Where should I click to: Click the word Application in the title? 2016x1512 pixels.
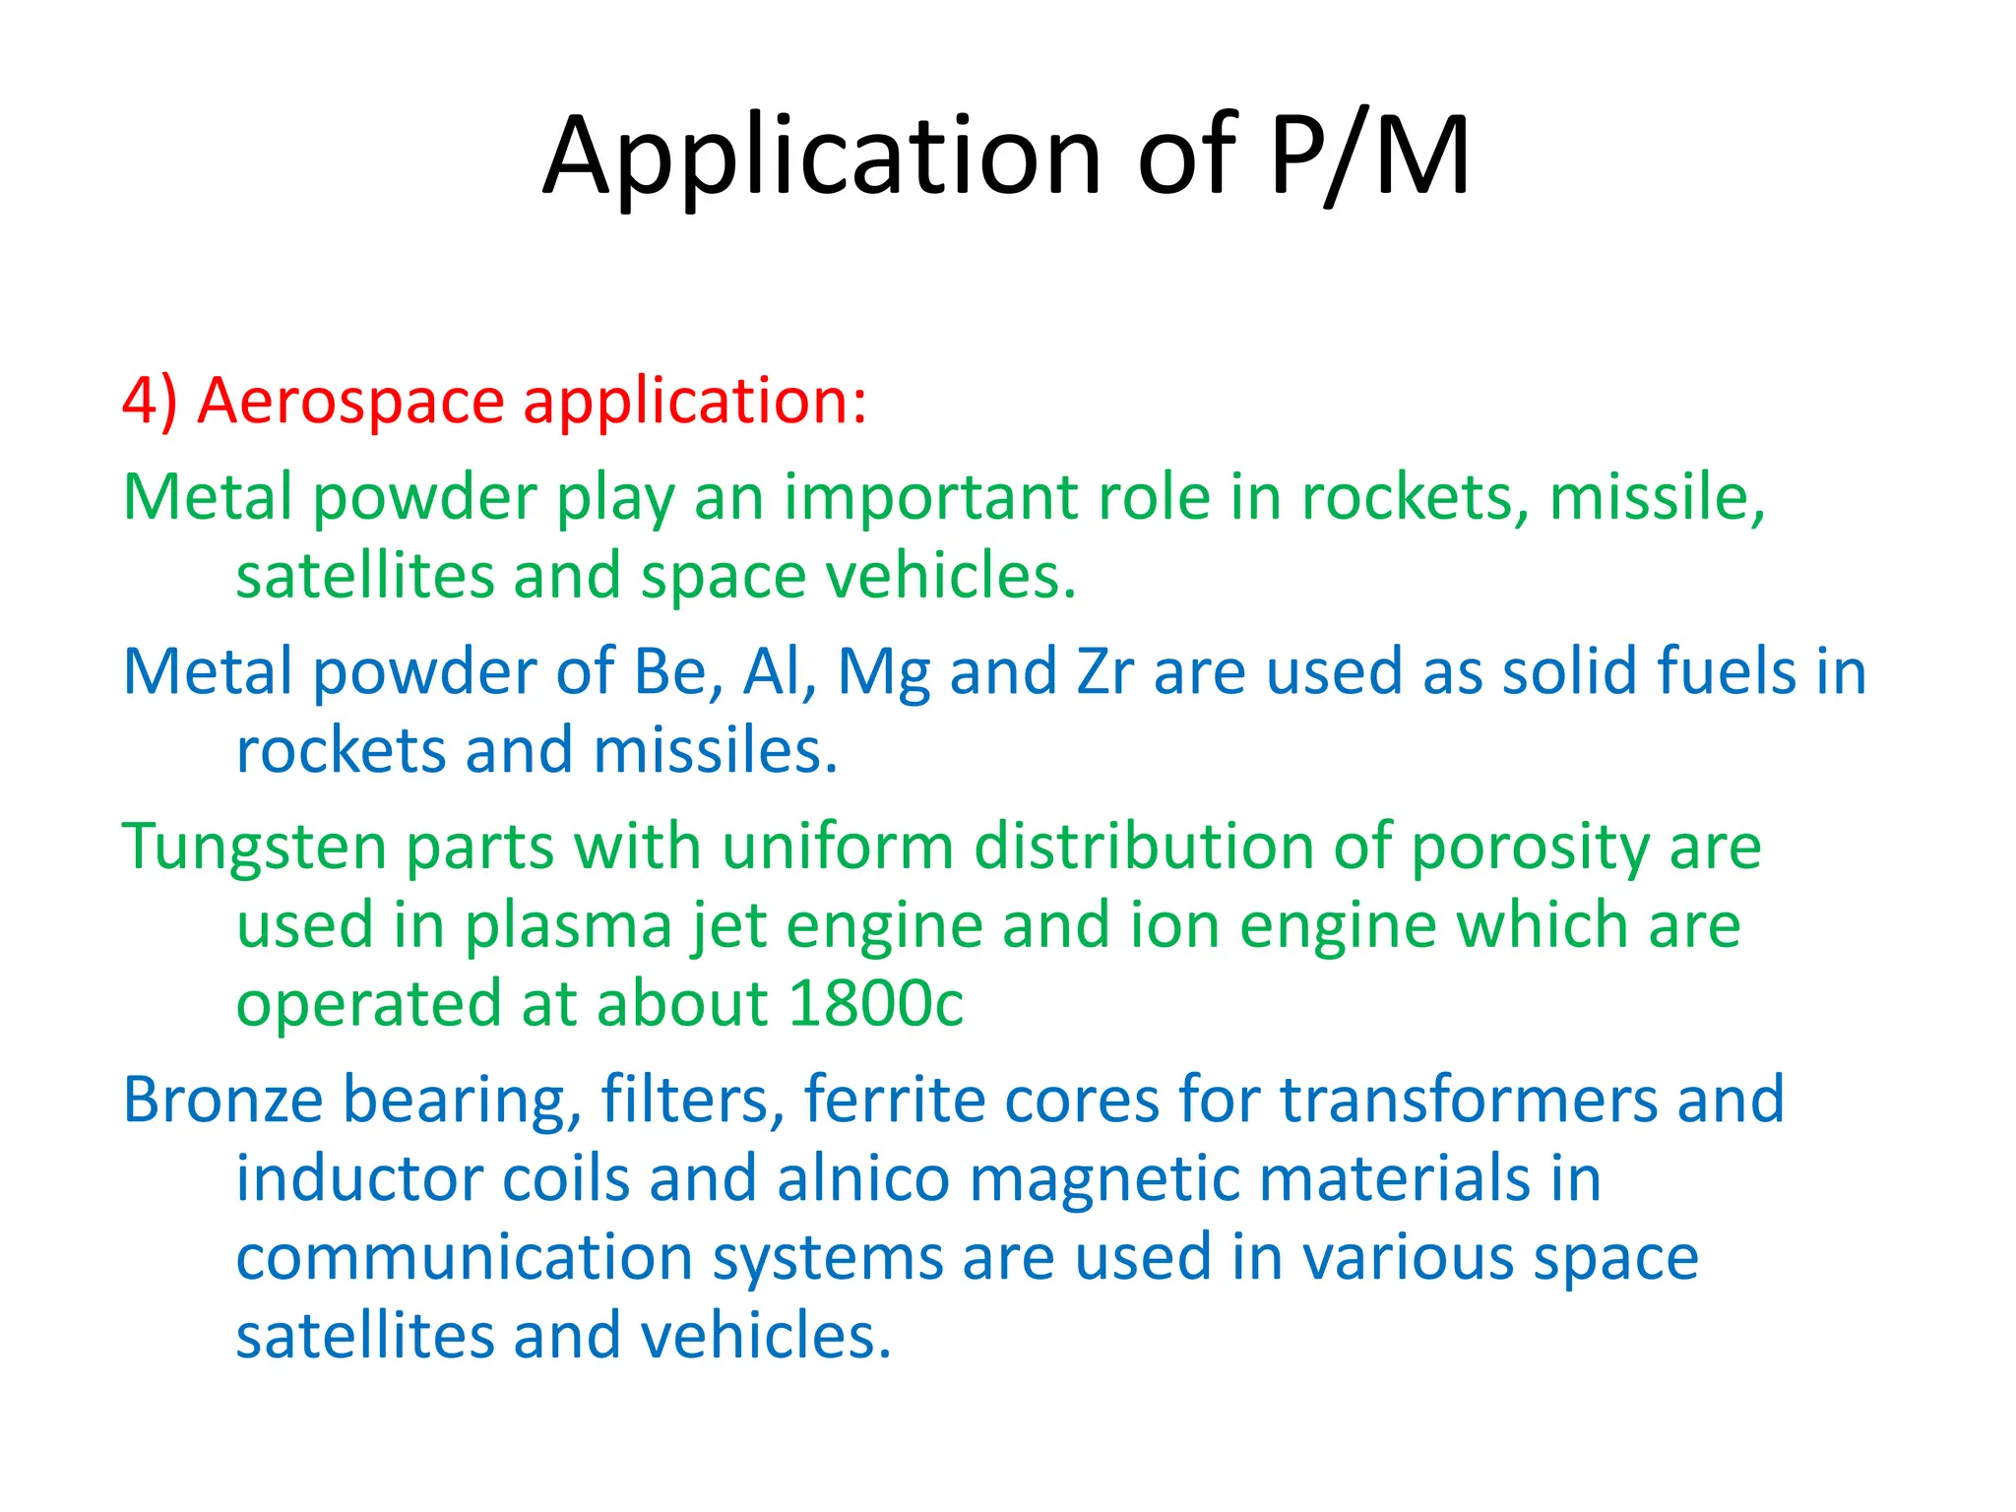(x=822, y=157)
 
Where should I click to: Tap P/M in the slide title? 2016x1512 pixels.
(x=1369, y=157)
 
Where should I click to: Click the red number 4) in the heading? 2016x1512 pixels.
(x=150, y=402)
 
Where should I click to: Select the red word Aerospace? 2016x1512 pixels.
(x=350, y=402)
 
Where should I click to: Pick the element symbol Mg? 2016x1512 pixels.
(x=883, y=674)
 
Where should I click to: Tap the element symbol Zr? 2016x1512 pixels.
(x=1104, y=672)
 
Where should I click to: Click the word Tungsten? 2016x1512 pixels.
(x=254, y=849)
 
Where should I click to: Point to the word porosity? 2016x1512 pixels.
(x=1530, y=849)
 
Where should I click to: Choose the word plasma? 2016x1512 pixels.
(x=568, y=927)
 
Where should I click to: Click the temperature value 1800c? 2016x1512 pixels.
(x=875, y=1004)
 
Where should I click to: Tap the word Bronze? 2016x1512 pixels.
(x=222, y=1101)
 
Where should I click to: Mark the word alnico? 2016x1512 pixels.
(x=863, y=1179)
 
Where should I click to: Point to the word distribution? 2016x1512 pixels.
(x=1143, y=847)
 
